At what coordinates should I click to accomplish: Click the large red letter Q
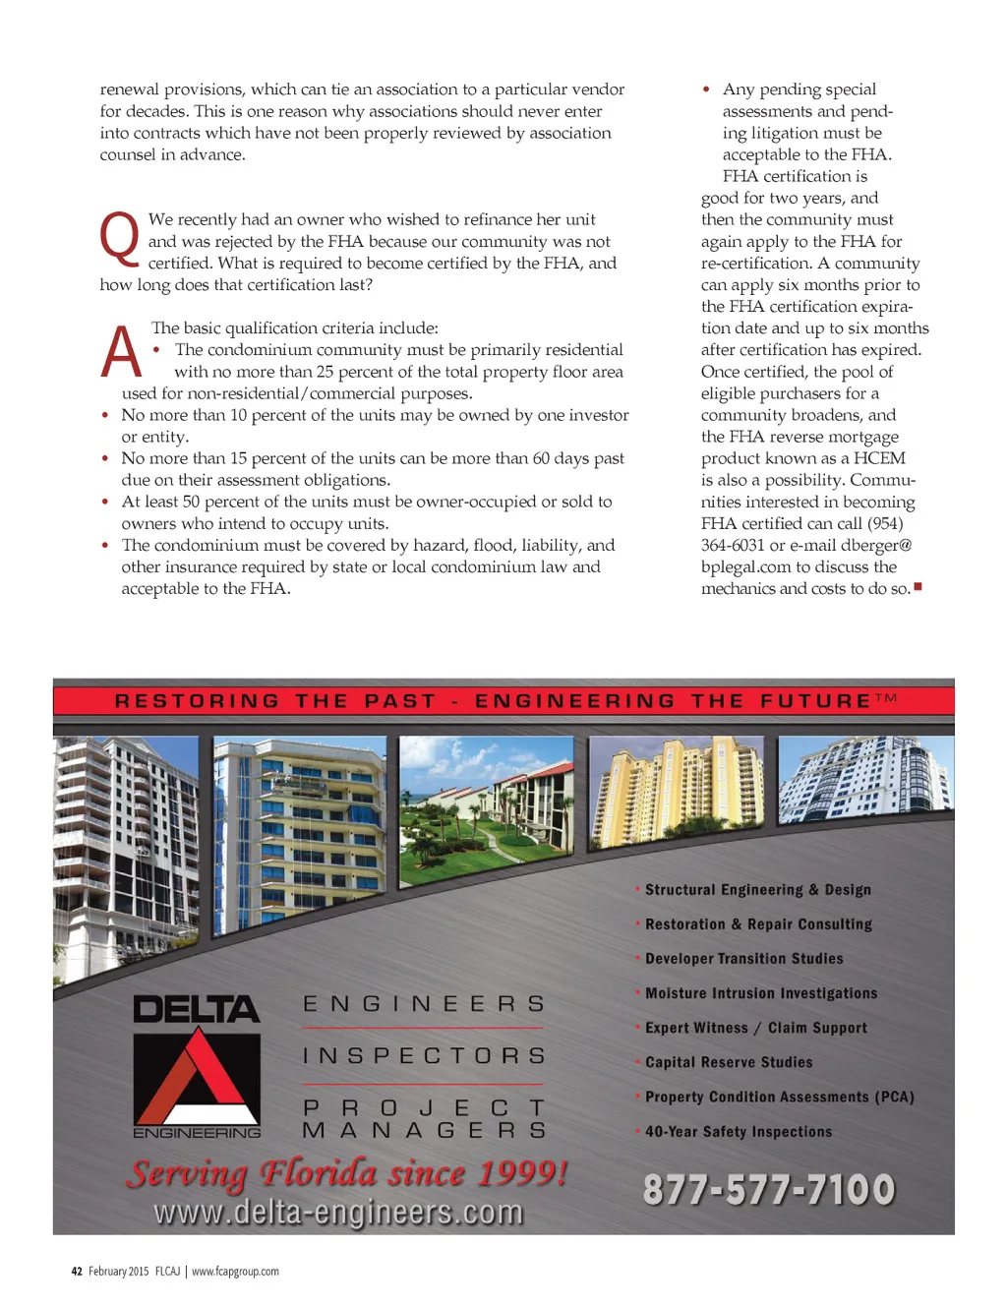pyautogui.click(x=120, y=239)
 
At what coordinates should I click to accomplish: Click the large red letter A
pyautogui.click(x=122, y=352)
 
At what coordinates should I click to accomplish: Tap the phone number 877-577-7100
pyautogui.click(x=769, y=1190)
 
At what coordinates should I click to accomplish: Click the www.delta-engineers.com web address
pyautogui.click(x=338, y=1212)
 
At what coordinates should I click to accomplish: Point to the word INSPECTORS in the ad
pyautogui.click(x=424, y=1056)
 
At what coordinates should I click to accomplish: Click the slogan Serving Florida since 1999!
pyautogui.click(x=347, y=1172)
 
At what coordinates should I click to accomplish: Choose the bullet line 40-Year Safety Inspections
pyautogui.click(x=738, y=1132)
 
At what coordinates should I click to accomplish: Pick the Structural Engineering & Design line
pyautogui.click(x=757, y=890)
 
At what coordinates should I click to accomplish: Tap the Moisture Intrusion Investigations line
pyautogui.click(x=760, y=993)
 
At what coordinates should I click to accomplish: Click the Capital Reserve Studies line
pyautogui.click(x=729, y=1062)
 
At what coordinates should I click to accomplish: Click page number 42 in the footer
pyautogui.click(x=77, y=1272)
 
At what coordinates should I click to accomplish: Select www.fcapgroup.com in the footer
pyautogui.click(x=235, y=1272)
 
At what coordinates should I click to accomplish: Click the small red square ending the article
pyautogui.click(x=918, y=587)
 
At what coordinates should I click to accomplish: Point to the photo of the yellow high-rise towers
pyautogui.click(x=676, y=793)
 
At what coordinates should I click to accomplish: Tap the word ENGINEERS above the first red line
pyautogui.click(x=424, y=1004)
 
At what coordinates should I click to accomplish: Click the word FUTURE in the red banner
pyautogui.click(x=815, y=701)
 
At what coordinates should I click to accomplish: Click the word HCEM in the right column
pyautogui.click(x=879, y=458)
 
